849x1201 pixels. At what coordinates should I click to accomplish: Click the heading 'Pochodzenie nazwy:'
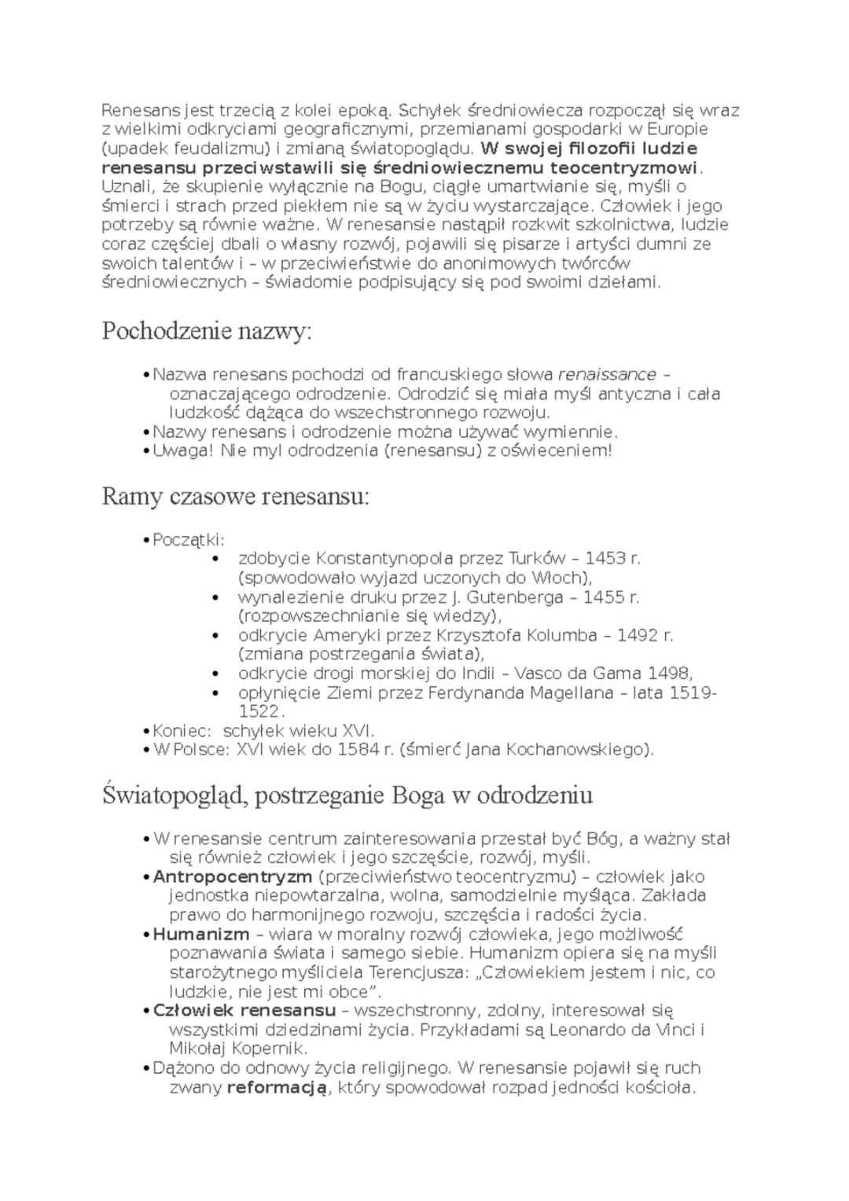point(207,332)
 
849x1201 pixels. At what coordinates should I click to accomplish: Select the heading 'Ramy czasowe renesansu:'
point(235,497)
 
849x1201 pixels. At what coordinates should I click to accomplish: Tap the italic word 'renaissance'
point(607,374)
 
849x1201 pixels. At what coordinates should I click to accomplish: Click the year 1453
point(605,558)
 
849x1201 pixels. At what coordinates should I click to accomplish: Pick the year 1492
point(638,635)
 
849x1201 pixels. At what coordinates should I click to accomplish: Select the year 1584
point(358,750)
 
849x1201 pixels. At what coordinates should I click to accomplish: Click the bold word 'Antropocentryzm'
point(233,876)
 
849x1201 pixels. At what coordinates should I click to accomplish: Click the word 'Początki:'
point(189,539)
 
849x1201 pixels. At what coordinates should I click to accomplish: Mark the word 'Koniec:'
point(182,731)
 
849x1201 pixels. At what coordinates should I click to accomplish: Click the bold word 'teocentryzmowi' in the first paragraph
point(624,167)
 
